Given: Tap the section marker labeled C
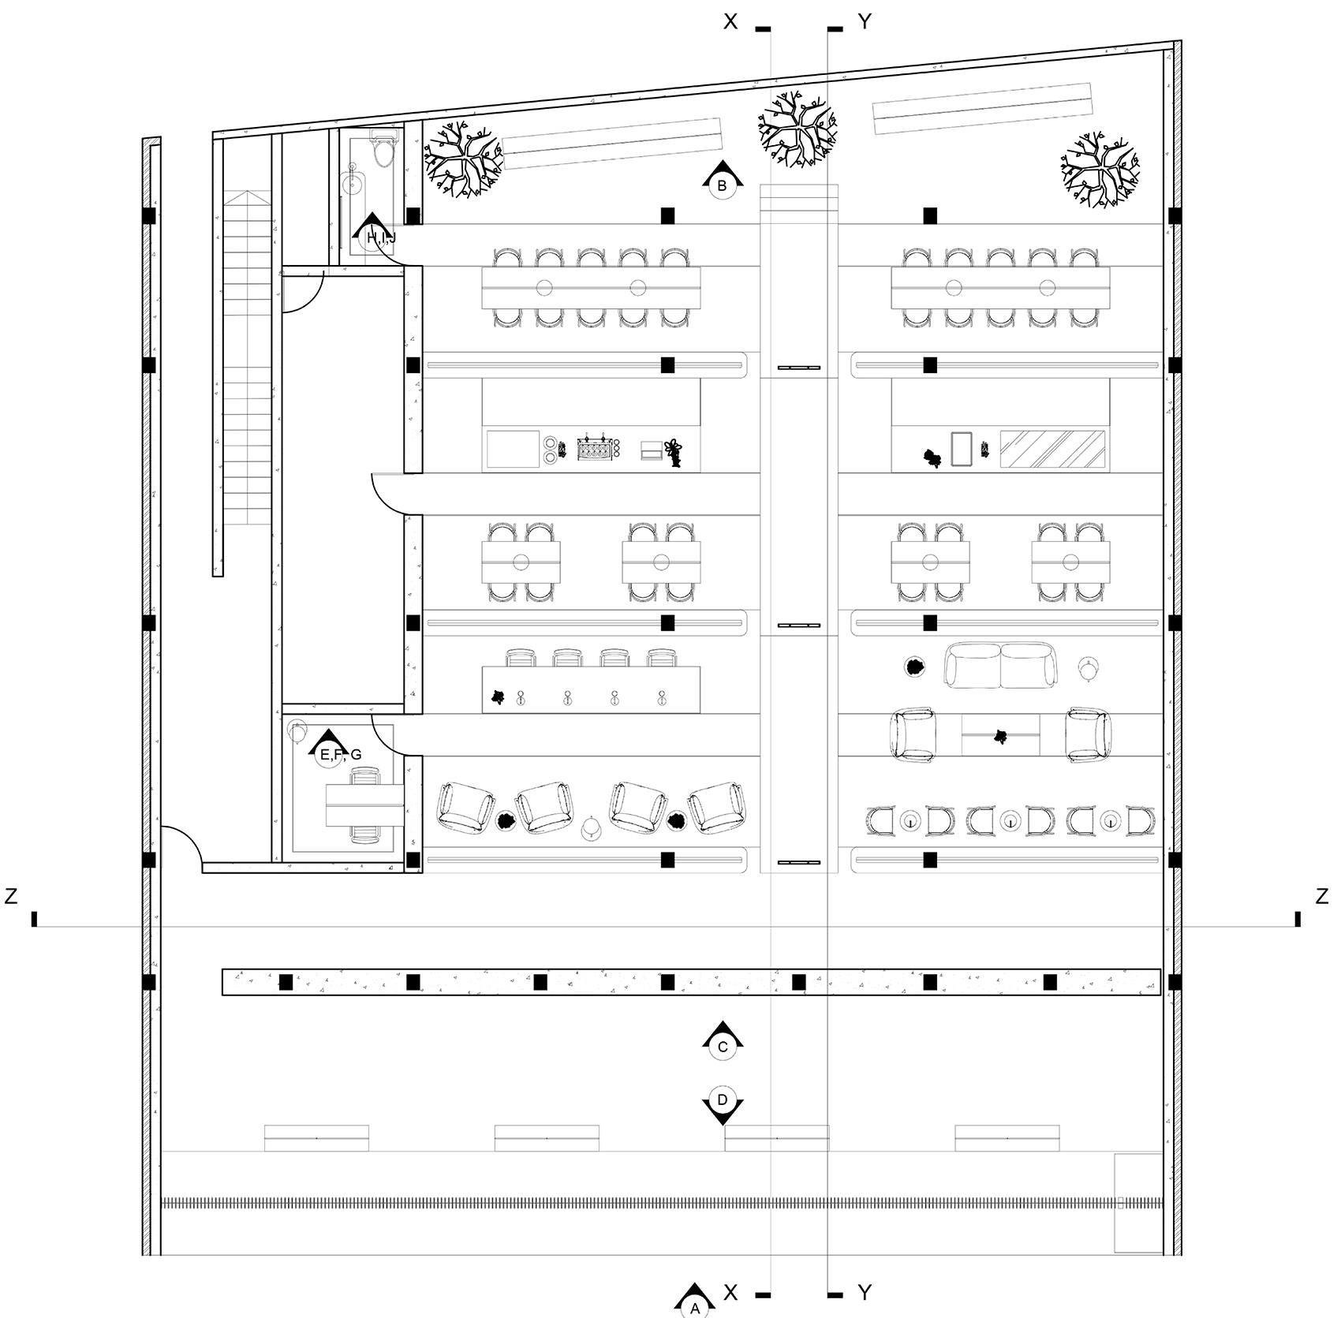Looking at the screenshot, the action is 723,1040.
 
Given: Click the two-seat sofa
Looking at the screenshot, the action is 1001,665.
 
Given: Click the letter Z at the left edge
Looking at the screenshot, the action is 11,896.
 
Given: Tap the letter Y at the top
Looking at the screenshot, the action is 865,22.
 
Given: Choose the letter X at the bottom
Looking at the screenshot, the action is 730,1292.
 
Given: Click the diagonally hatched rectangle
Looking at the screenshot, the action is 1053,449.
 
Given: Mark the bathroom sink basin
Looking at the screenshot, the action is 355,183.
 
